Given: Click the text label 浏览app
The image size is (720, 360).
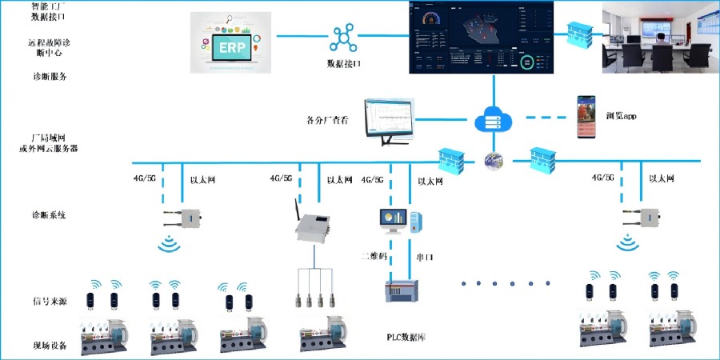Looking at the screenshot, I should [621, 117].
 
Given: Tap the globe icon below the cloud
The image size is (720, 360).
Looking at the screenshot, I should [493, 160].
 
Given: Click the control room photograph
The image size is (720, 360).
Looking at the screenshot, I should [660, 36].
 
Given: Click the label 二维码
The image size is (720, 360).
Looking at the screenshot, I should [372, 256].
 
